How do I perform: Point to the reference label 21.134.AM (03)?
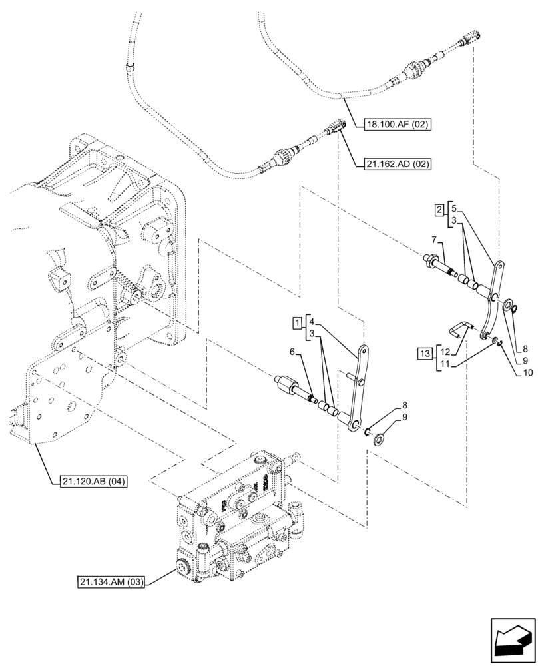coord(109,584)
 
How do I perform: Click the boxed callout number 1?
coord(295,323)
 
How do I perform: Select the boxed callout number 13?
coord(425,352)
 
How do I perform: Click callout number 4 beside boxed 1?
coord(312,321)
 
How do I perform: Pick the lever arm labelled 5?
coord(494,300)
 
